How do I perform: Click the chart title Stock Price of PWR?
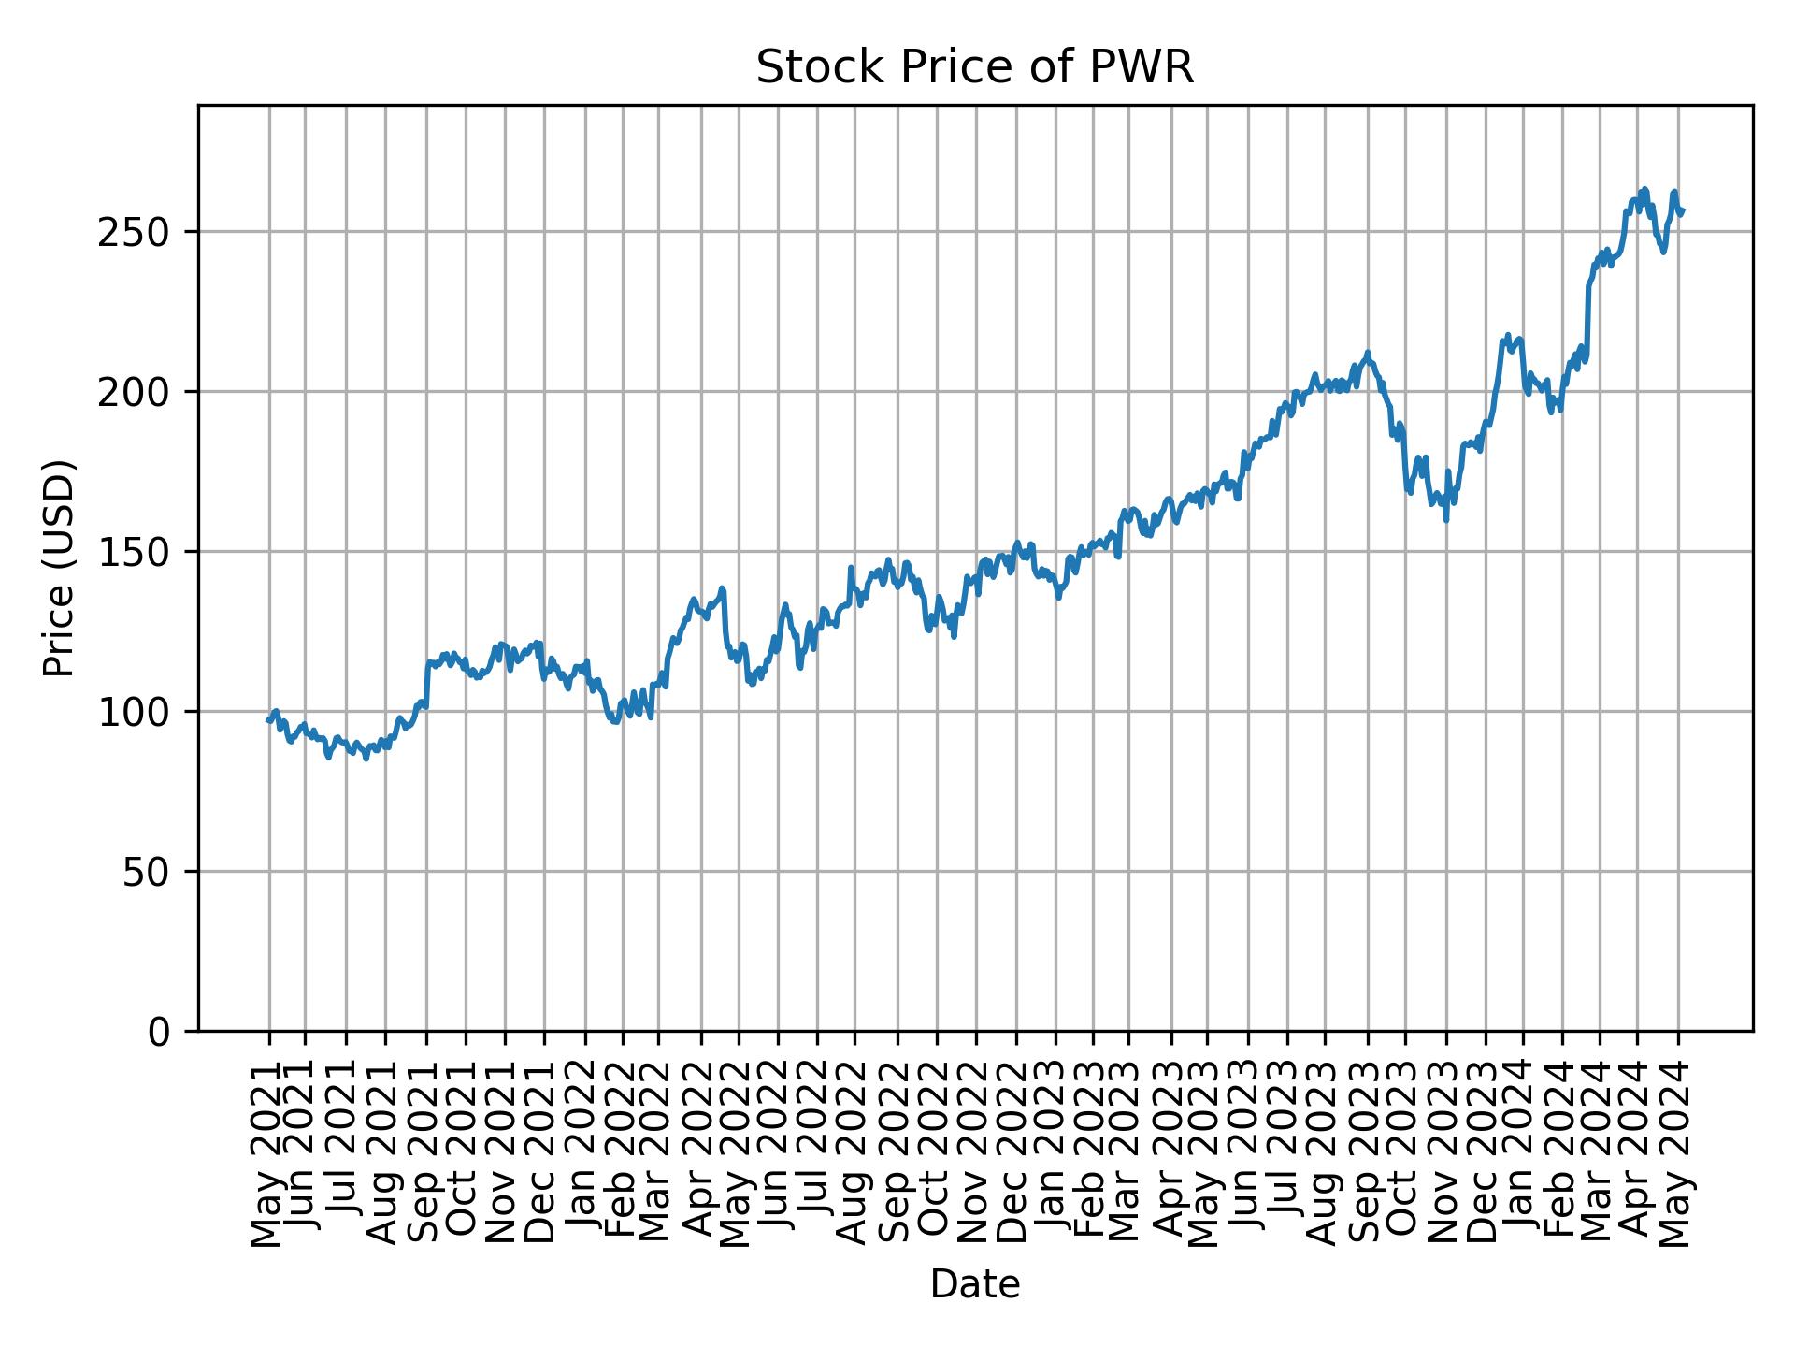tap(974, 68)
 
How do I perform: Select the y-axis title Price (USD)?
tap(59, 568)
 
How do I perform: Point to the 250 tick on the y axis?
tap(145, 232)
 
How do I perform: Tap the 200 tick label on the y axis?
tap(145, 392)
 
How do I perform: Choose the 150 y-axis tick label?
tap(145, 552)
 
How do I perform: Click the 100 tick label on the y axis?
tap(145, 712)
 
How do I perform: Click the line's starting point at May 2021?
tap(268, 720)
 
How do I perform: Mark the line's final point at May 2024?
tap(1682, 211)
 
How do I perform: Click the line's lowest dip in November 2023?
tap(1446, 519)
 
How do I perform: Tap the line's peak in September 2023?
tap(1367, 353)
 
